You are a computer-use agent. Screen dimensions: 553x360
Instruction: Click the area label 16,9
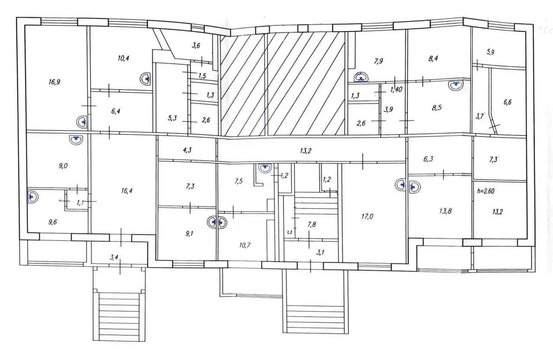click(x=54, y=82)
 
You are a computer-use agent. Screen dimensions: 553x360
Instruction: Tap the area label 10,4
click(x=124, y=58)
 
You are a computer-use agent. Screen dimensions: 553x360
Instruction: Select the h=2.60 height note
click(x=486, y=191)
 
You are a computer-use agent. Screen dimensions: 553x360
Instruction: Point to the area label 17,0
click(x=367, y=217)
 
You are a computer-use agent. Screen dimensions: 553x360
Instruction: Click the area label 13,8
click(x=445, y=211)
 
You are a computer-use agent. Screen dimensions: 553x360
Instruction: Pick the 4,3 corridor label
click(x=187, y=150)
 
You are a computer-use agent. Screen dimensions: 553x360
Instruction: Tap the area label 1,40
click(x=396, y=89)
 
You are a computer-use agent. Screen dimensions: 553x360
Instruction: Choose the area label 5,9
click(x=490, y=52)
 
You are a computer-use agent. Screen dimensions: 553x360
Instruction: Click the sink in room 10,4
click(x=145, y=79)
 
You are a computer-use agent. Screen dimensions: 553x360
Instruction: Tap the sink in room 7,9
click(x=361, y=77)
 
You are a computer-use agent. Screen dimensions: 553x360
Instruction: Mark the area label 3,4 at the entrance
click(x=114, y=258)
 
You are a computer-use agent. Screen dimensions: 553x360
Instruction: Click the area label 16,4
click(x=127, y=191)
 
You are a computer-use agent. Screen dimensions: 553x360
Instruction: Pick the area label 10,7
click(x=245, y=245)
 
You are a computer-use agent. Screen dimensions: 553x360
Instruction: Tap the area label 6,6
click(x=508, y=102)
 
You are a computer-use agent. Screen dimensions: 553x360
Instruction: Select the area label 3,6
click(x=196, y=46)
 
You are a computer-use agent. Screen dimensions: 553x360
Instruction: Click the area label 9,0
click(x=63, y=166)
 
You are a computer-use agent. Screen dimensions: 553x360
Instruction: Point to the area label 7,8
click(x=311, y=224)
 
